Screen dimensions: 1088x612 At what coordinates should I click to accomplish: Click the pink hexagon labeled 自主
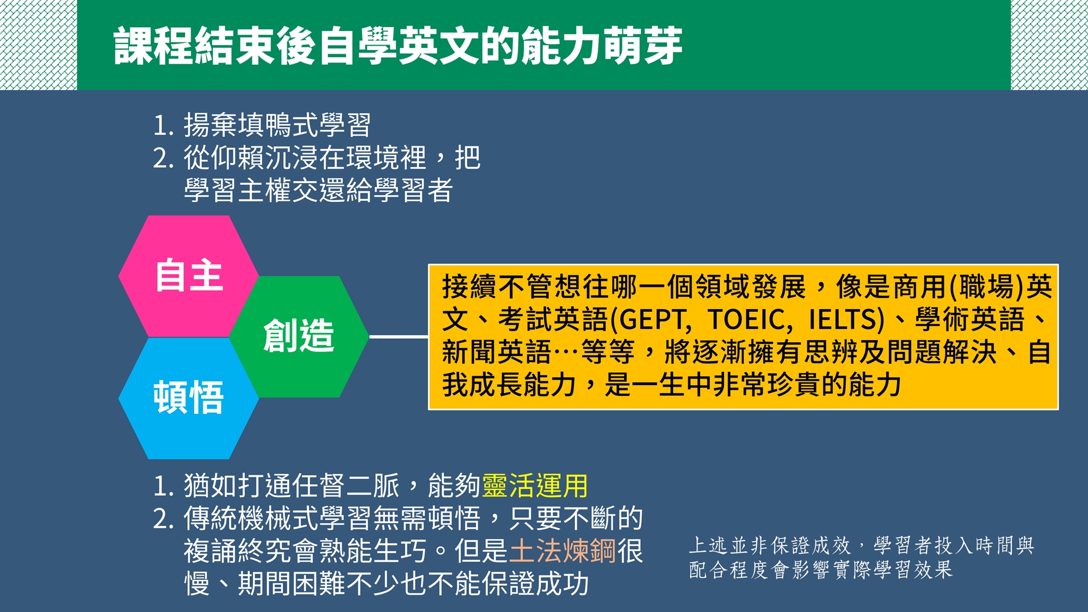coord(188,276)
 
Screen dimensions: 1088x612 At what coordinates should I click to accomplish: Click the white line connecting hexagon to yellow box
coord(399,337)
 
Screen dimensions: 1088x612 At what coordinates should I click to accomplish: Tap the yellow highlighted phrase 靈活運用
coord(535,486)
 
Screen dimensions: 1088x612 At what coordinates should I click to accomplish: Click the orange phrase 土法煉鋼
coord(562,551)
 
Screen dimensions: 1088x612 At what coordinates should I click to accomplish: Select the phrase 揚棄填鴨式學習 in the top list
coord(277,125)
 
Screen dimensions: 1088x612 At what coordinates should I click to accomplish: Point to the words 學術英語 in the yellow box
coord(970,320)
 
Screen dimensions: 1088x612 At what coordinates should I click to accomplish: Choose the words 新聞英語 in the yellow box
coord(497,352)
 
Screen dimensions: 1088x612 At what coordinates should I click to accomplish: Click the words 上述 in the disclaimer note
coord(708,545)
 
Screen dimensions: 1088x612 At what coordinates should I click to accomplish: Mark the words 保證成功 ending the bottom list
coord(535,584)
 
